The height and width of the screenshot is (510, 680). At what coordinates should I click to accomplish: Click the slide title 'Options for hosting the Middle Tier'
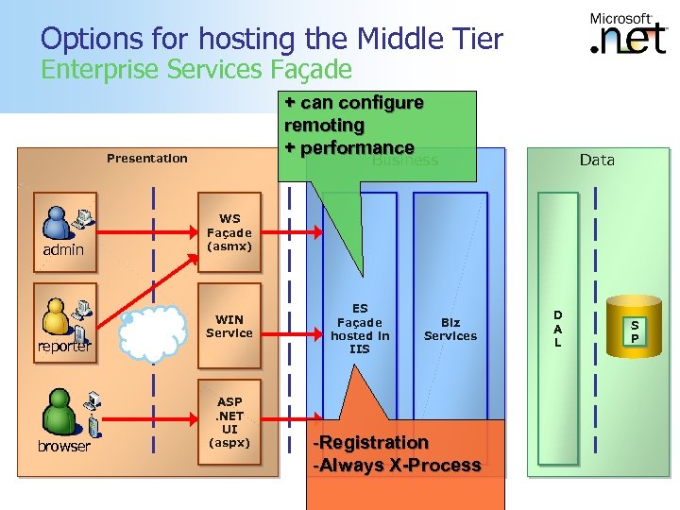272,39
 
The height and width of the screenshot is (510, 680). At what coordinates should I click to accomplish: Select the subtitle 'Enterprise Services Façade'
195,69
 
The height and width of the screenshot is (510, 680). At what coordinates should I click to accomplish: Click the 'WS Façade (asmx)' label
229,232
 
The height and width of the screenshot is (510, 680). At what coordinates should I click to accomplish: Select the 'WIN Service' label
229,326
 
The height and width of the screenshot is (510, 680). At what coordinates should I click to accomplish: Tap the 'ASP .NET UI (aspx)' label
229,422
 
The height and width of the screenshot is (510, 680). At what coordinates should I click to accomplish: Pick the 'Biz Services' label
450,329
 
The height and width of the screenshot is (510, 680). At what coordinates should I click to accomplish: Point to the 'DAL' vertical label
557,329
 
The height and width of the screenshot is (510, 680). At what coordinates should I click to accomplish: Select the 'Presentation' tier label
146,158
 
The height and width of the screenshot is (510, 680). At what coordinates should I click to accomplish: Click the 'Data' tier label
597,160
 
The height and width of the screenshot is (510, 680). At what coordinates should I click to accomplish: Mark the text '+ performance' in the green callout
349,147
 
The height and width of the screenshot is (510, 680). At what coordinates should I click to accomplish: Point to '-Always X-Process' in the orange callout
397,465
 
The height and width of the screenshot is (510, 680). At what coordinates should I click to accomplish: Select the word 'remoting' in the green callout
324,125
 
